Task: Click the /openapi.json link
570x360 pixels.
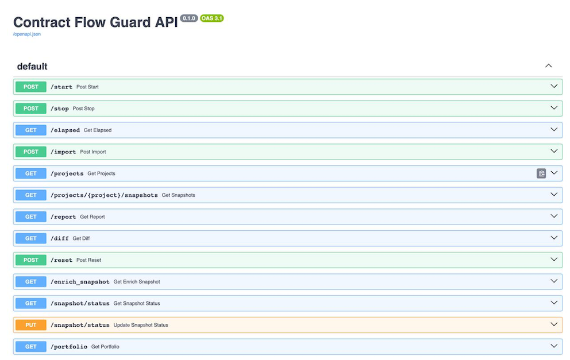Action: [26, 34]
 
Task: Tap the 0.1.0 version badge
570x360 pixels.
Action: [189, 18]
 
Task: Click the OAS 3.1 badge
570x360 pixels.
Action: [211, 18]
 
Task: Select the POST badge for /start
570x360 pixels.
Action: [31, 87]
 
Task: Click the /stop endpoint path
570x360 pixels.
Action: [60, 109]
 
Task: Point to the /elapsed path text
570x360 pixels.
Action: [65, 130]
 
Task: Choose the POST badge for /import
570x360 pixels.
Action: [31, 152]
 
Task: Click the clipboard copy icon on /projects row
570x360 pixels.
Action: [541, 173]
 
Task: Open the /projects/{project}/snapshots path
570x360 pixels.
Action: [104, 195]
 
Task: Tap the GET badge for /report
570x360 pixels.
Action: [31, 217]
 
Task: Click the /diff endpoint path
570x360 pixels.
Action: [60, 238]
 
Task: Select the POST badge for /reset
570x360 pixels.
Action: [31, 260]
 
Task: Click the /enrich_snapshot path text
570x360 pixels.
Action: [80, 282]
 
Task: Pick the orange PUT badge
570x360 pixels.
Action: [31, 325]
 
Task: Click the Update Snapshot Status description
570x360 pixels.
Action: [141, 325]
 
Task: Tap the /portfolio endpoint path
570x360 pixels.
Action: [69, 347]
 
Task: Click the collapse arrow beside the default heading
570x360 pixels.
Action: [549, 66]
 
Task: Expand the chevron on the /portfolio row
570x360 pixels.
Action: [554, 346]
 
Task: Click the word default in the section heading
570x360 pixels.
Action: [32, 67]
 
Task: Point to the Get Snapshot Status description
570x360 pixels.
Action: [137, 304]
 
